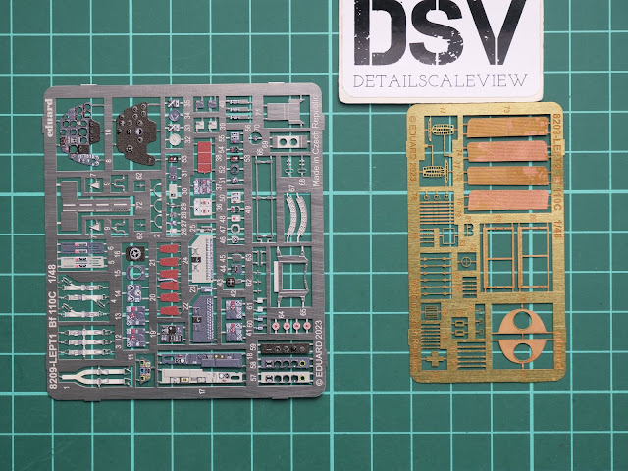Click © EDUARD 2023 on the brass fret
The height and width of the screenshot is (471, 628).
pos(412,147)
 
